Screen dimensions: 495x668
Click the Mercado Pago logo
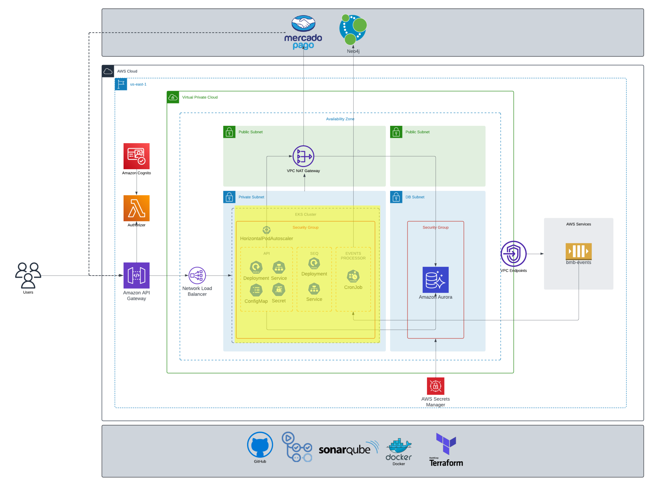pos(303,32)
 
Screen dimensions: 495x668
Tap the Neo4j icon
pos(353,29)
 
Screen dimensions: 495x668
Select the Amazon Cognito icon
pos(136,156)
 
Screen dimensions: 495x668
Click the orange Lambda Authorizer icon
pos(136,208)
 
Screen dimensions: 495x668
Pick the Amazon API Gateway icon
pos(136,276)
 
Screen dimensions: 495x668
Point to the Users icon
pos(28,275)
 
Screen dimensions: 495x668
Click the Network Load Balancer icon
pos(197,276)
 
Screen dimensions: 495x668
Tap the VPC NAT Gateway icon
pos(303,156)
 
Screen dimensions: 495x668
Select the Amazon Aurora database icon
pos(435,279)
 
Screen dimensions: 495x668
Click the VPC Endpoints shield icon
pos(513,253)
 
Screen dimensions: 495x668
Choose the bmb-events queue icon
pos(578,251)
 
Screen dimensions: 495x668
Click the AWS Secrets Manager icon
pos(435,386)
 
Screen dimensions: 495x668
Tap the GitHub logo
pos(260,445)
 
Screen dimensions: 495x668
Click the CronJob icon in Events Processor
pos(353,276)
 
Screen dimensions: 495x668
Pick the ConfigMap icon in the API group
pos(256,290)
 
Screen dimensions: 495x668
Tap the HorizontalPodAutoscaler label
pos(266,239)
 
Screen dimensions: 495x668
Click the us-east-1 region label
pos(138,84)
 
